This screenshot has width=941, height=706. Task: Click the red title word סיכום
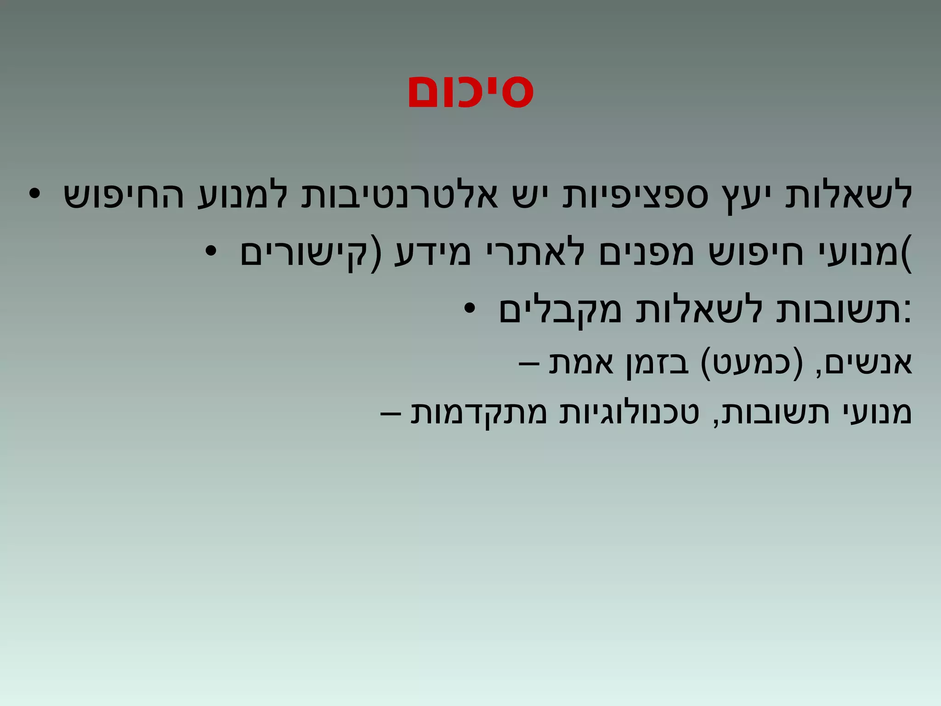click(x=470, y=92)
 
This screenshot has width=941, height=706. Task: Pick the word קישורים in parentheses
click(x=303, y=254)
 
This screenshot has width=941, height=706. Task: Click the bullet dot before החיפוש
click(x=35, y=195)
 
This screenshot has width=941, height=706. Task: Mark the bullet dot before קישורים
click(x=211, y=252)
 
